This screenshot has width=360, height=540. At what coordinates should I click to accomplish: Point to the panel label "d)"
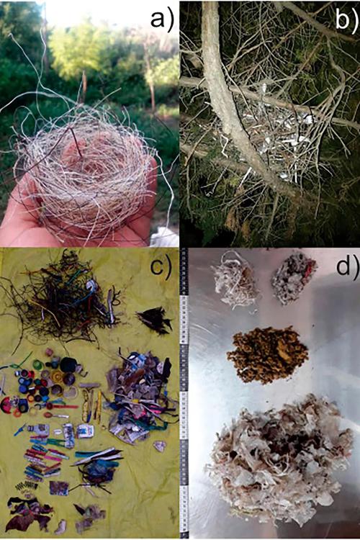(347, 266)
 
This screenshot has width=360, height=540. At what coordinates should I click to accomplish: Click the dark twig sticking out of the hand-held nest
(76, 142)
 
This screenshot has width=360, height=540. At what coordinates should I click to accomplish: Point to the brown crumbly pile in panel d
(267, 355)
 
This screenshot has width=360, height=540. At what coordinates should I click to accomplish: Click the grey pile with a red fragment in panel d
(293, 277)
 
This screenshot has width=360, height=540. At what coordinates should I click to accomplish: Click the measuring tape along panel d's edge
(184, 392)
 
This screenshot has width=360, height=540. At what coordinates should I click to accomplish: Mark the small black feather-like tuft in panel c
(155, 320)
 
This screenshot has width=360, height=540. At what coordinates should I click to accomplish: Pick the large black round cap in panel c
(68, 365)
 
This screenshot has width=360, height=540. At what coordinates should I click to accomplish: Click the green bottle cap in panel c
(37, 364)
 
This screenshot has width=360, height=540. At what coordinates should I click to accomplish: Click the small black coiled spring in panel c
(27, 486)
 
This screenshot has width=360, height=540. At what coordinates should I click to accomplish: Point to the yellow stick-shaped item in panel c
(99, 406)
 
